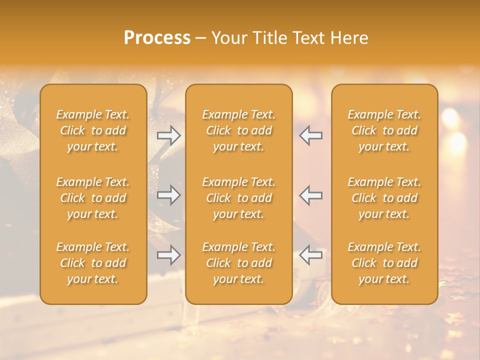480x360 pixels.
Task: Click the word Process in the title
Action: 157,38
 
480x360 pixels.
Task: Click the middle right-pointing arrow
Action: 169,195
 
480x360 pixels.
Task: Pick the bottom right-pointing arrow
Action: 169,255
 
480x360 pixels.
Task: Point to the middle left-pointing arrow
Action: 311,195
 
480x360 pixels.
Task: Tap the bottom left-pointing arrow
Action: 311,255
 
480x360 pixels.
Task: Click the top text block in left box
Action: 93,130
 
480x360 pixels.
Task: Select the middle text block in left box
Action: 93,198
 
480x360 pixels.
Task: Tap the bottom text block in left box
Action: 93,263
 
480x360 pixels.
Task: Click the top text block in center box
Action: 239,130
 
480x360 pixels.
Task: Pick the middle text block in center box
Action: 239,198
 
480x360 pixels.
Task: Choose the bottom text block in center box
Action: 239,263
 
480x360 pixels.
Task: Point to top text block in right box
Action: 384,130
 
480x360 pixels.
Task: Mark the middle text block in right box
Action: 384,198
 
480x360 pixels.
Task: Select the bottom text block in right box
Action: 384,263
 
